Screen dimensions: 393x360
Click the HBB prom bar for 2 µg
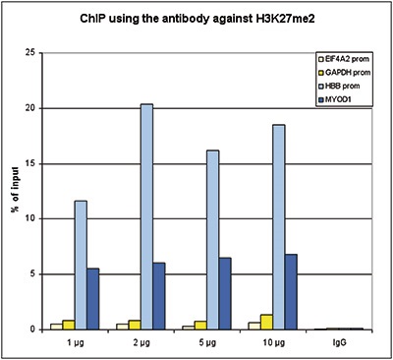(146, 216)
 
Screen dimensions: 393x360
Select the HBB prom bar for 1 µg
(81, 265)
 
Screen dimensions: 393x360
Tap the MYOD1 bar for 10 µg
(291, 292)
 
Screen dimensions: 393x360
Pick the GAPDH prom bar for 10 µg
(266, 322)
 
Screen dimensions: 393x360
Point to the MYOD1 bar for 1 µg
(93, 299)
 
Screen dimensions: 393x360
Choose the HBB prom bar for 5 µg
(212, 240)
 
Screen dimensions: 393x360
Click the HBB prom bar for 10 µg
(279, 227)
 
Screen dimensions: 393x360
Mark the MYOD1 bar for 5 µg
(225, 294)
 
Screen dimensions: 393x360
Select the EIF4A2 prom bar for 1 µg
(56, 327)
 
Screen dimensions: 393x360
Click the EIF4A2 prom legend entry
(343, 59)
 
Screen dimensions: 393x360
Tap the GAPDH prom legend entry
(345, 73)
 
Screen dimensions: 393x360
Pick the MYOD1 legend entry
(335, 99)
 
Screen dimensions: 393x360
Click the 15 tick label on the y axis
(31, 164)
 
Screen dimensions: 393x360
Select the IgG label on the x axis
(339, 343)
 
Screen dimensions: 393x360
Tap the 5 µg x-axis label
(207, 343)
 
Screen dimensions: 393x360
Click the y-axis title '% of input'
(16, 190)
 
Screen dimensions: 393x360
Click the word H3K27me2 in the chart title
(283, 19)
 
